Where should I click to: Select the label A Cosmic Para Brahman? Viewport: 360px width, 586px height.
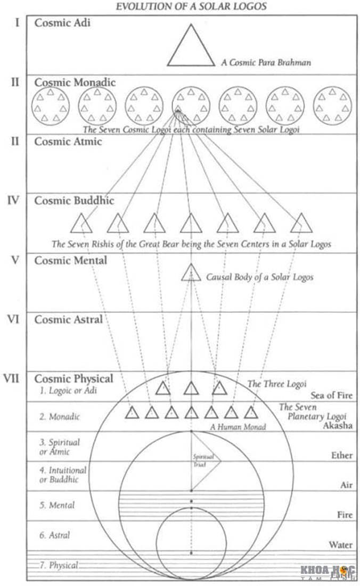[266, 62]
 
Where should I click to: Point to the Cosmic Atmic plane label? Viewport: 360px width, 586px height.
[68, 142]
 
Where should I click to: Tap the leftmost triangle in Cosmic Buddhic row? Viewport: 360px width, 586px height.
[81, 224]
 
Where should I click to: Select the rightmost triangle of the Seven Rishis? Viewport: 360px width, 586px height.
[301, 224]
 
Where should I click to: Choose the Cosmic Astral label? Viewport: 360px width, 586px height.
[68, 319]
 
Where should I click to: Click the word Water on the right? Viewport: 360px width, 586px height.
[340, 544]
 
